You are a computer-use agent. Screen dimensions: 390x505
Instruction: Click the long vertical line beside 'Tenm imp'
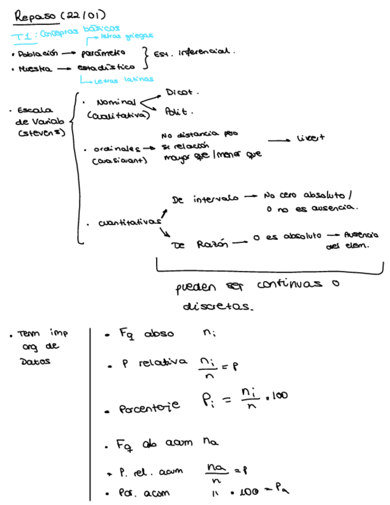point(90,411)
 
